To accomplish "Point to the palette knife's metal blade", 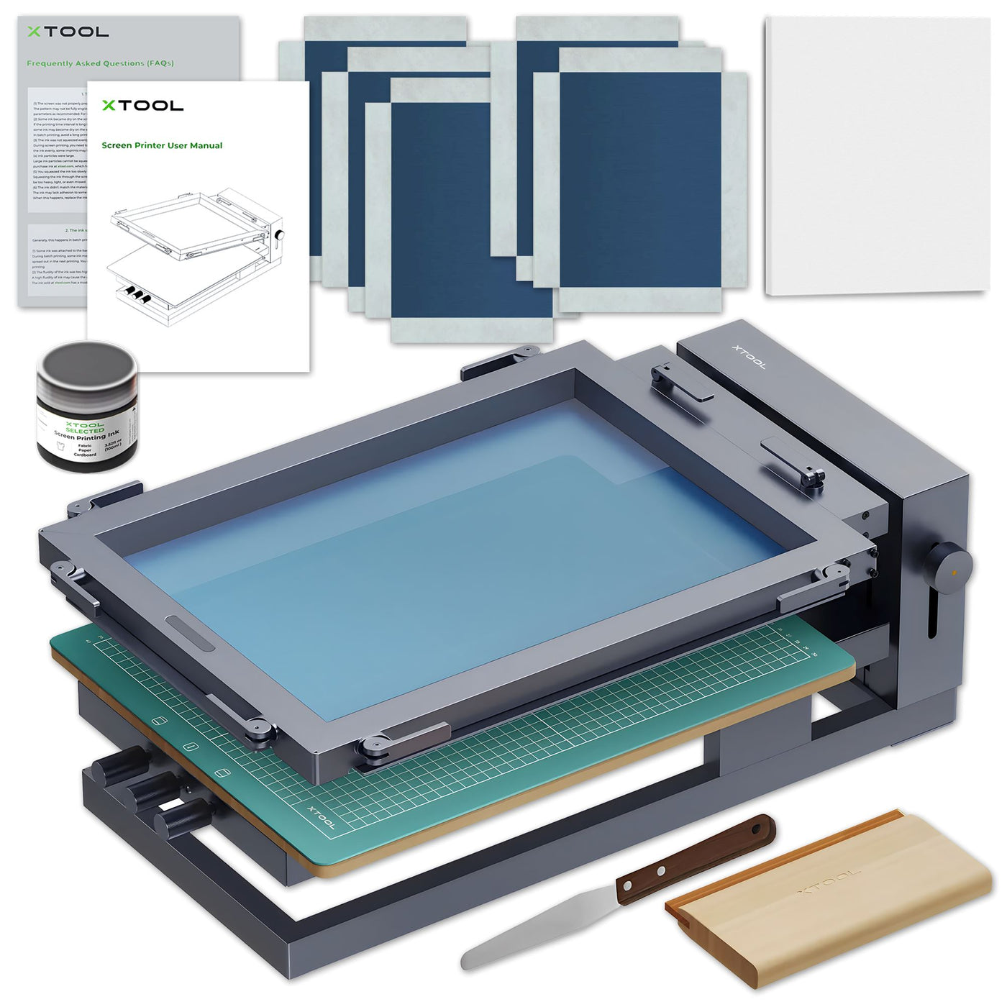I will coord(532,931).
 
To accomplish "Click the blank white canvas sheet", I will coord(878,155).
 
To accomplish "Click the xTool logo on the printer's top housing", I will coord(749,357).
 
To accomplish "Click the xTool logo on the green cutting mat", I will coord(321,816).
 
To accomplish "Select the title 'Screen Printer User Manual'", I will coord(162,145).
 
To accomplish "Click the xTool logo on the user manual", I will coord(142,106).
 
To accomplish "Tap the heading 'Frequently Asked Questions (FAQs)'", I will coord(100,63).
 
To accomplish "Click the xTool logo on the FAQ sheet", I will coord(68,32).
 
